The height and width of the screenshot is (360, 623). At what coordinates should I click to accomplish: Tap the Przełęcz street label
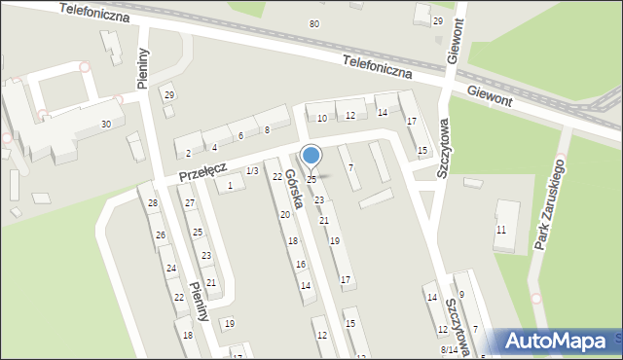point(202,170)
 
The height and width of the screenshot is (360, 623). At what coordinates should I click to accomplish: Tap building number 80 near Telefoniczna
point(313,23)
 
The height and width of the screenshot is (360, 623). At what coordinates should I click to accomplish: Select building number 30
point(105,125)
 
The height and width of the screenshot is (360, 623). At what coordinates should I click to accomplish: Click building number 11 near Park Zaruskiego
point(501,230)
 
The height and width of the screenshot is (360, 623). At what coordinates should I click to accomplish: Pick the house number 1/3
point(252,171)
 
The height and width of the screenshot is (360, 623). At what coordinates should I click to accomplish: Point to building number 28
point(153,202)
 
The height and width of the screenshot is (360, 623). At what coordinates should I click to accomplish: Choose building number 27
point(190,202)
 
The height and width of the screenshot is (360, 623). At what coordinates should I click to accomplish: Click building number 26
point(161,235)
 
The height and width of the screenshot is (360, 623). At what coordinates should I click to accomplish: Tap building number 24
point(170,268)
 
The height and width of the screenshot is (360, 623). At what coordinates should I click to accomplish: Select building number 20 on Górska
point(285,214)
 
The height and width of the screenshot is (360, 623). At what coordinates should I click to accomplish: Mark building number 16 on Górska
point(301,264)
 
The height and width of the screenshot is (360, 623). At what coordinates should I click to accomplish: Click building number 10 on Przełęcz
point(322,118)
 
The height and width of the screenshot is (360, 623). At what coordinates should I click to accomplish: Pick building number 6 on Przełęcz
point(240,135)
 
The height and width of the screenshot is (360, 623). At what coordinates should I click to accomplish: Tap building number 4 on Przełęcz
point(214,147)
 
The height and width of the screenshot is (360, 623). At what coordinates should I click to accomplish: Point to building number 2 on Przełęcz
point(188,153)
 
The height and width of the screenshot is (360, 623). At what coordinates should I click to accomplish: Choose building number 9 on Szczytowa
point(461,294)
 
